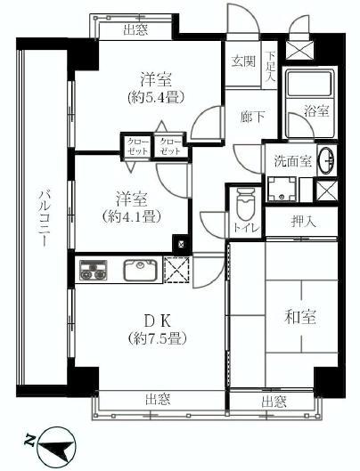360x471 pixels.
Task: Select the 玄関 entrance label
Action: pyautogui.click(x=243, y=61)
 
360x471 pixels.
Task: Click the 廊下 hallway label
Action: pyautogui.click(x=250, y=116)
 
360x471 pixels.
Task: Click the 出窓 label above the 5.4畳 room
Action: pyautogui.click(x=135, y=30)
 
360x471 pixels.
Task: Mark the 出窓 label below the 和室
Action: pyautogui.click(x=274, y=402)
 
